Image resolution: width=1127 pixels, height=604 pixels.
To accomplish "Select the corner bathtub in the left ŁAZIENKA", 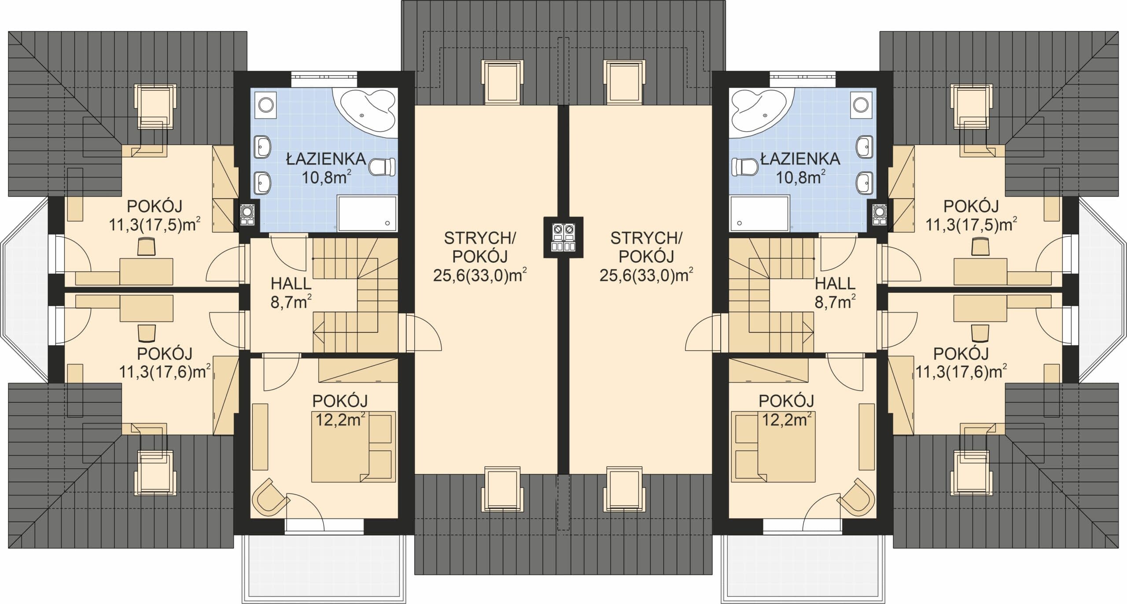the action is pyautogui.click(x=365, y=112).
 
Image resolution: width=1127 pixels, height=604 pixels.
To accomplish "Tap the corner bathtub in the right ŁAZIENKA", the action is pyautogui.click(x=762, y=112).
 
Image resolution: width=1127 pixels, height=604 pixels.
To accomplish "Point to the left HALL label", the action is pyautogui.click(x=291, y=284).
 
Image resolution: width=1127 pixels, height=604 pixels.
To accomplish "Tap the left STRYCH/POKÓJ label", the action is pyautogui.click(x=480, y=247).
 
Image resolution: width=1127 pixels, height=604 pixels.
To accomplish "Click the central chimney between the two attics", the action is pyautogui.click(x=563, y=237).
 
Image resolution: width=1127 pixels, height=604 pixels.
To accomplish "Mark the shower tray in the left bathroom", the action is pyautogui.click(x=367, y=214).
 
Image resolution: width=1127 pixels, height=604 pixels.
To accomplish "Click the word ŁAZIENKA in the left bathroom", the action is pyautogui.click(x=326, y=159).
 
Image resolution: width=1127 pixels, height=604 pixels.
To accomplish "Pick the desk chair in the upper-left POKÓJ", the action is pyautogui.click(x=147, y=246).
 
